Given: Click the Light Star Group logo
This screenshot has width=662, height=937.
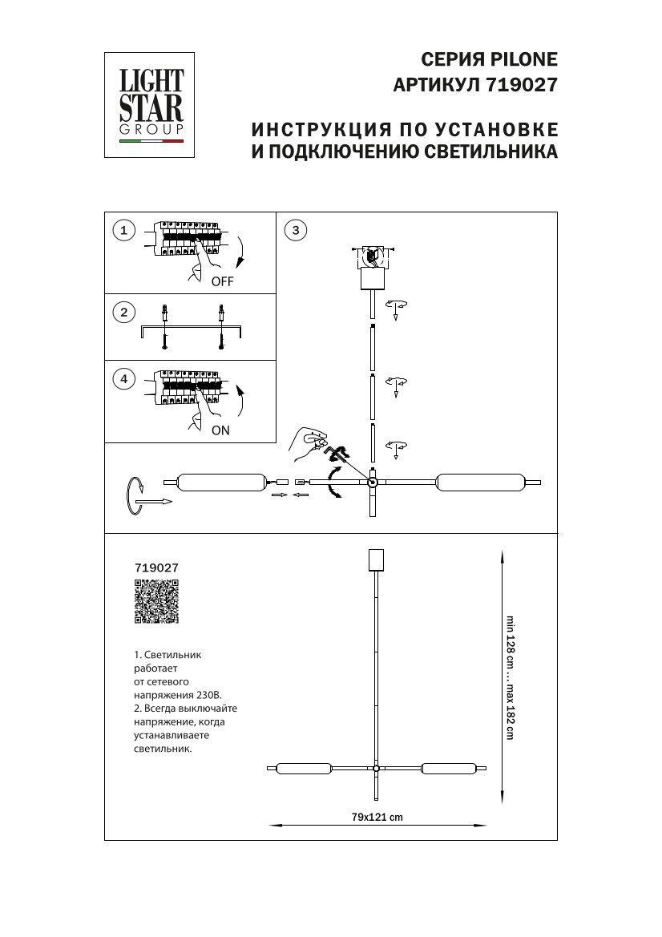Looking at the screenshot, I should [x=151, y=105].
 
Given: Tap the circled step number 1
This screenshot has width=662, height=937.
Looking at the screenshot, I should [x=123, y=231].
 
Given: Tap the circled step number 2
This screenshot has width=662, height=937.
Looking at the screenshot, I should [x=123, y=313].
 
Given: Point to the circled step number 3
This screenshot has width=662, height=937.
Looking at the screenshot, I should [x=296, y=231].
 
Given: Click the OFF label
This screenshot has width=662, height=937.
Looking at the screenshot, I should [x=222, y=282].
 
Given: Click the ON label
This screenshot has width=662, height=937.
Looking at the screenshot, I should [x=220, y=430].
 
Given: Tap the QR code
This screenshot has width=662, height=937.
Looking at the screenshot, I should [x=155, y=602].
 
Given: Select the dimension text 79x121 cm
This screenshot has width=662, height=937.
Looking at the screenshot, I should [x=377, y=817].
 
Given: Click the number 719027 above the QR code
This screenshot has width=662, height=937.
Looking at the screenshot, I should [x=156, y=567].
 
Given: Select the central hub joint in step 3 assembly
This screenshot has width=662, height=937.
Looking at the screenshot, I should [x=373, y=483].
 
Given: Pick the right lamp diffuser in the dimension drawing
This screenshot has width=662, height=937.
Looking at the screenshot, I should [x=450, y=769].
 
